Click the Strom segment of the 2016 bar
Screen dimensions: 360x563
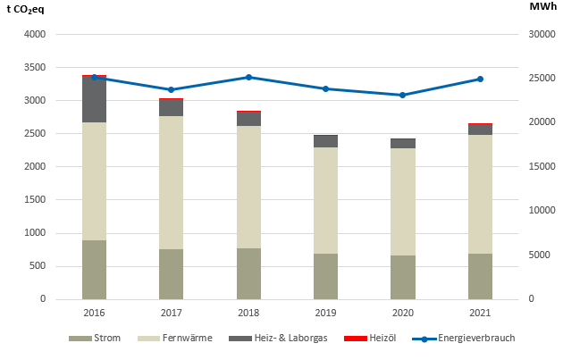pyautogui.click(x=94, y=270)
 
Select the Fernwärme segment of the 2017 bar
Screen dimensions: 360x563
pyautogui.click(x=171, y=182)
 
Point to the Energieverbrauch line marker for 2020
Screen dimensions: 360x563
pyautogui.click(x=402, y=95)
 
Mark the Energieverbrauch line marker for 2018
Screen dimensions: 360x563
pyautogui.click(x=248, y=77)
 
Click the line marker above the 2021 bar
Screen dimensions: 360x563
pyautogui.click(x=480, y=79)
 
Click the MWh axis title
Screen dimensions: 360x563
pyautogui.click(x=542, y=7)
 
